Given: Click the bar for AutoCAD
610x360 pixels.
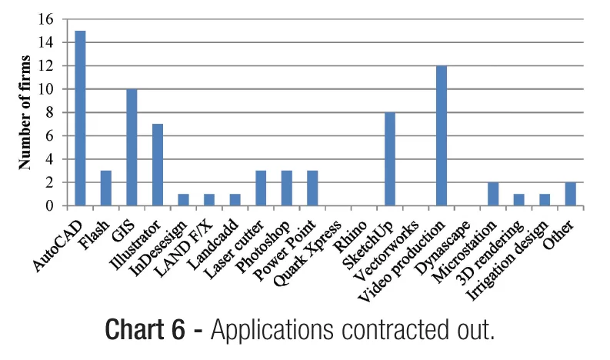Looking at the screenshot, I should tap(80, 118).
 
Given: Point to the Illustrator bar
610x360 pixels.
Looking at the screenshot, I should tap(158, 165).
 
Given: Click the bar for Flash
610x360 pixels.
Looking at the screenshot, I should tap(106, 188).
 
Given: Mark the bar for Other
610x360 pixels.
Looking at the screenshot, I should tap(570, 195).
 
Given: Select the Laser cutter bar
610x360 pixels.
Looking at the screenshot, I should tap(261, 188).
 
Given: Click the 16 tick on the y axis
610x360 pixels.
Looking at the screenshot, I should tap(52, 19).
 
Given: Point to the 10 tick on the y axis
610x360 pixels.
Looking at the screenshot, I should tap(52, 89).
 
